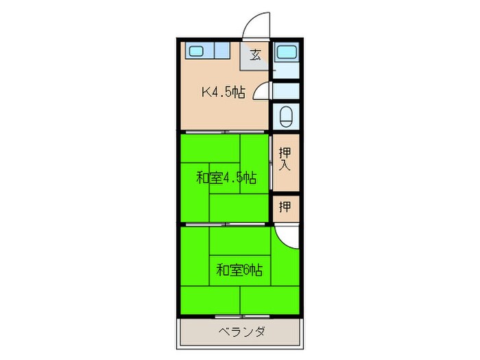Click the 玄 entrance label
tap(255, 55)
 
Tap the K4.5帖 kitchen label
tap(223, 93)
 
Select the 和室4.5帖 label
tap(226, 178)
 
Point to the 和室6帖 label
tap(239, 269)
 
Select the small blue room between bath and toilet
tap(285, 90)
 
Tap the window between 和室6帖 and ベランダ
tap(240, 316)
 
